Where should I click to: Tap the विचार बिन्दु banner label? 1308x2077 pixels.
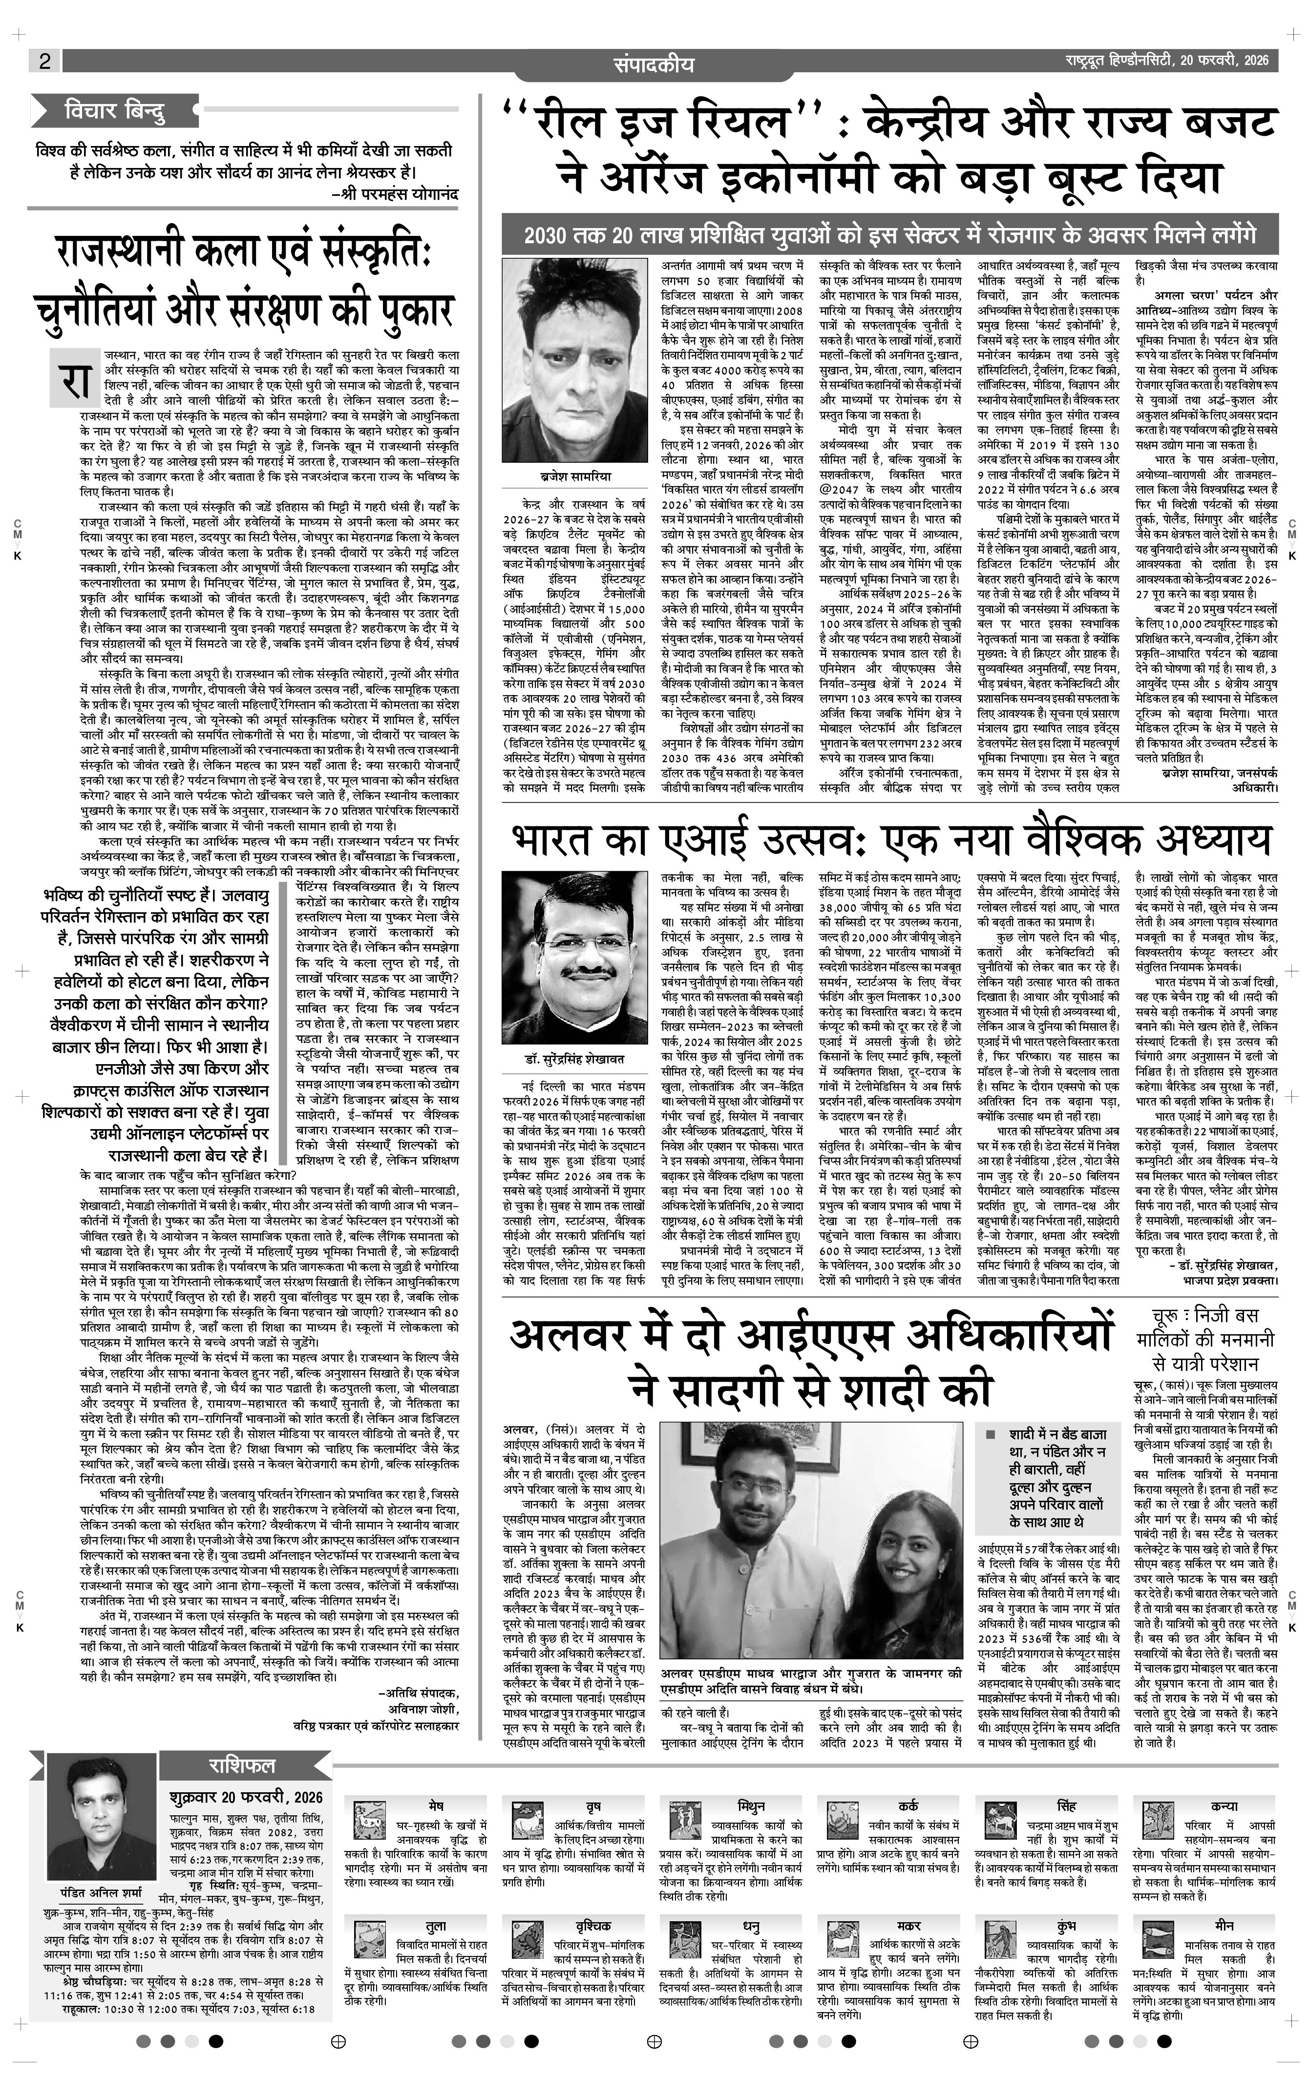click(115, 111)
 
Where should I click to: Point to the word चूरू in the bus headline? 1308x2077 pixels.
click(1169, 1316)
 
